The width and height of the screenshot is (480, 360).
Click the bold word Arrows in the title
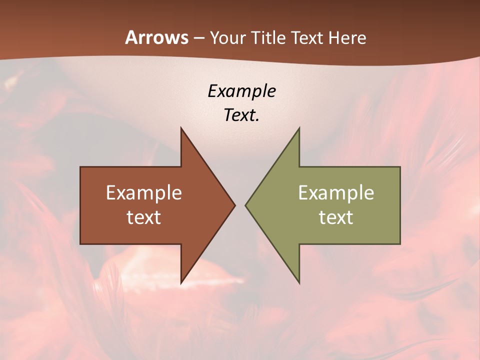coord(157,37)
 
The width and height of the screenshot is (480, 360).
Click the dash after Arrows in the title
coord(198,38)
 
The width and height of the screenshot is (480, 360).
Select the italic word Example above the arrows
coord(242,91)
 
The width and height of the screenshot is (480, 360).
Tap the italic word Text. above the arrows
coord(242,115)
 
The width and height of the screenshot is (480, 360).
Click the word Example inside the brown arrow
coord(144,192)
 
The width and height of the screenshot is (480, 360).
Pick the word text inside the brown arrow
coord(144,217)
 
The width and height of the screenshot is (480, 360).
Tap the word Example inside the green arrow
coord(336,192)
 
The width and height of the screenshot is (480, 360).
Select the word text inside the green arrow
coord(336,217)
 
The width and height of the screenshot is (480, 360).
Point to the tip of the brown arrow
coord(234,205)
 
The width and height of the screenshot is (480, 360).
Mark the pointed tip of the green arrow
coord(246,205)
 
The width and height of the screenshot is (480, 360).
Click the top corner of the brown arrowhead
coord(181,128)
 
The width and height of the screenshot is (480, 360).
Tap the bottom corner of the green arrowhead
coord(299,283)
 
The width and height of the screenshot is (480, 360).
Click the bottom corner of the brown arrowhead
coord(181,283)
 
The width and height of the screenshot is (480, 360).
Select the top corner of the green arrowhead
coord(299,128)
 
